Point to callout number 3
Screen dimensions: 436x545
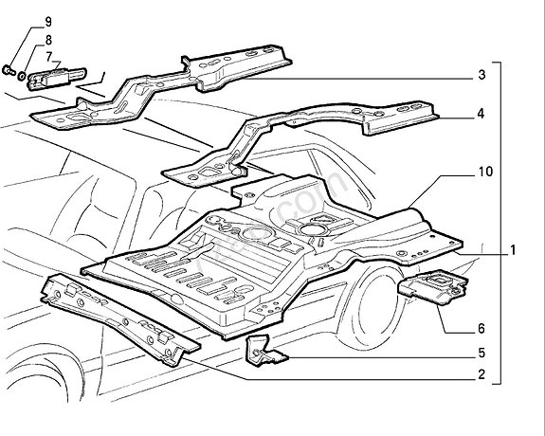click(481, 74)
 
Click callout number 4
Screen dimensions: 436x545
click(481, 114)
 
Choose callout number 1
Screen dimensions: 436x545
click(512, 251)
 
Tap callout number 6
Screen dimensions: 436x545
click(481, 330)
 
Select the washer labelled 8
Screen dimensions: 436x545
click(21, 72)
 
